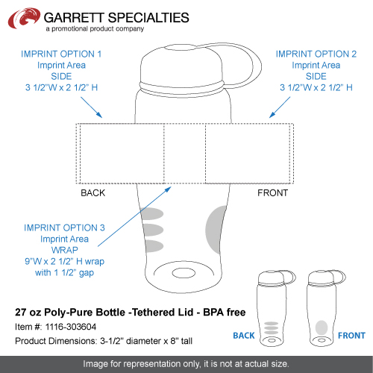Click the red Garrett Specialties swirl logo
click(24, 18)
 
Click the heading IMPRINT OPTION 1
click(61, 54)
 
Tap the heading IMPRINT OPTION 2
click(316, 54)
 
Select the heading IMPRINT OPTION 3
click(64, 228)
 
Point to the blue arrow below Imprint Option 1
click(91, 107)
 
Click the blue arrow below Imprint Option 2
click(280, 107)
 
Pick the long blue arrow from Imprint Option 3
click(134, 216)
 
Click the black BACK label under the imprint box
click(93, 193)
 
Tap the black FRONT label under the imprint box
click(272, 193)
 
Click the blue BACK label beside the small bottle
click(244, 336)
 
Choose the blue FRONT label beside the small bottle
click(351, 336)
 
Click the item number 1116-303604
click(71, 327)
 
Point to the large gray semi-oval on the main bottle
click(216, 230)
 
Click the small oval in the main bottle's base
click(184, 273)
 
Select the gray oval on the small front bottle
click(322, 327)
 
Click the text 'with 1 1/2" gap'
click(64, 273)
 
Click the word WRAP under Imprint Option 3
click(65, 250)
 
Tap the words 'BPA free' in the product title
click(225, 313)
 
